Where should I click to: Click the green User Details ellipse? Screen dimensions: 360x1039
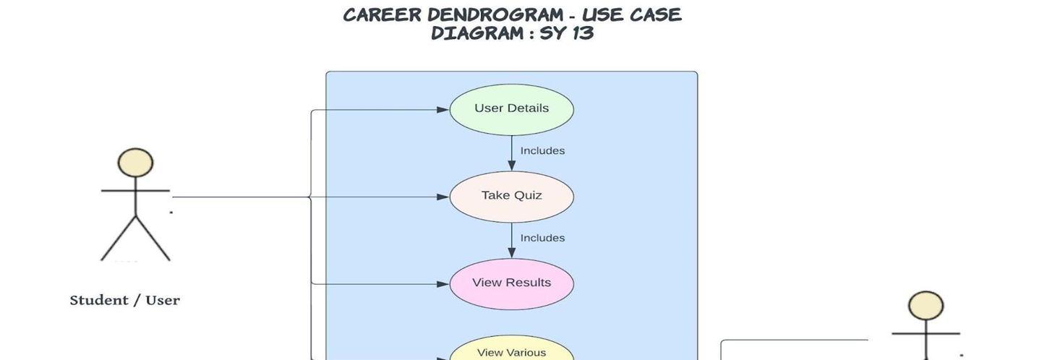point(511,110)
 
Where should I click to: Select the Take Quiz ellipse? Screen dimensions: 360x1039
point(511,197)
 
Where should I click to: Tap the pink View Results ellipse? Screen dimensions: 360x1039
point(511,283)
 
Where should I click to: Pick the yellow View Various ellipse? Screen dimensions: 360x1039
point(511,351)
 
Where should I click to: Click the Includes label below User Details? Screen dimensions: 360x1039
point(542,151)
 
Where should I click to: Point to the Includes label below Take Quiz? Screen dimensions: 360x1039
point(542,238)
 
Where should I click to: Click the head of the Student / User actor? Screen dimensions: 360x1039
point(135,163)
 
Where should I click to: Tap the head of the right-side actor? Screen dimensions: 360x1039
point(925,306)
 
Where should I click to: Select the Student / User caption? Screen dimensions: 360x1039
point(124,301)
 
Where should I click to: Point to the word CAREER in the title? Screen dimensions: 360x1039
point(381,14)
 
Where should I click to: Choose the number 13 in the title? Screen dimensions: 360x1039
point(582,33)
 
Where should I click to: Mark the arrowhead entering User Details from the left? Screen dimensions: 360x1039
point(442,110)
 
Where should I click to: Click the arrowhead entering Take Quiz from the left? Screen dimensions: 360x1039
point(442,197)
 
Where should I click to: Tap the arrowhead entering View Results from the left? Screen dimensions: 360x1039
point(442,284)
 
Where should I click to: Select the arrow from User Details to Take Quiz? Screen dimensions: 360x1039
point(511,154)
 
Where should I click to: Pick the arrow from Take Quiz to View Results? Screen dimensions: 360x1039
point(511,241)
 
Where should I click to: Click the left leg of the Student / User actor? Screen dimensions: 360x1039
point(118,239)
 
